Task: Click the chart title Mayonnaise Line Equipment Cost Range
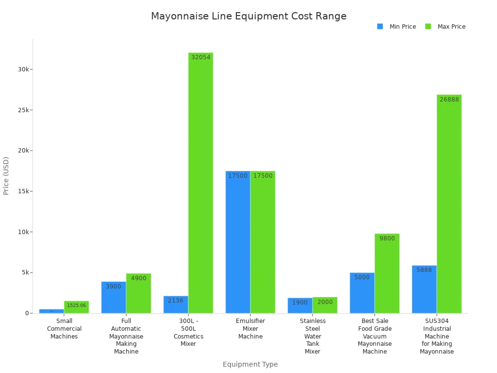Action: (248, 16)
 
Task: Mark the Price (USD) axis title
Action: (6, 176)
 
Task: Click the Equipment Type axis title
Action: (250, 364)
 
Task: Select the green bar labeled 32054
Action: (200, 183)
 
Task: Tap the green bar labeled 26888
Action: (449, 204)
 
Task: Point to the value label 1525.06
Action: (76, 305)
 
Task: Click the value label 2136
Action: (176, 301)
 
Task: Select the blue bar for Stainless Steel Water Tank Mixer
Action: (300, 305)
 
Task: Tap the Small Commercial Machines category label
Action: (64, 329)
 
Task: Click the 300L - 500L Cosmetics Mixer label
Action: (188, 333)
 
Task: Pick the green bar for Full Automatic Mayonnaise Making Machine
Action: (138, 293)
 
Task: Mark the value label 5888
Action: (424, 270)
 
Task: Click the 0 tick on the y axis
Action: (27, 313)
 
